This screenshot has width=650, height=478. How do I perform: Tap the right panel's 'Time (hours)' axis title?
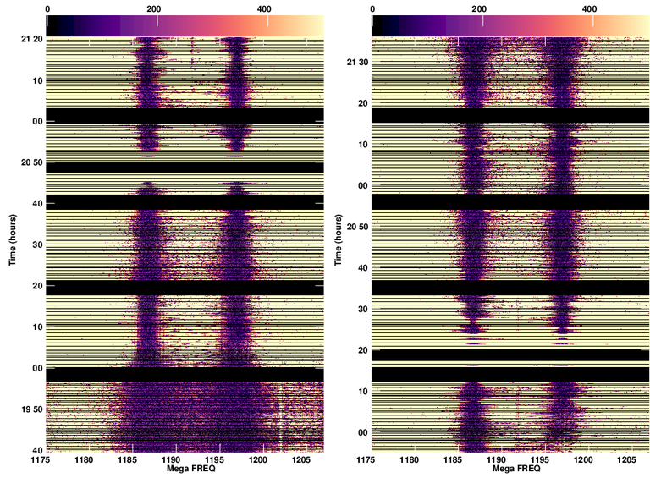click(x=339, y=236)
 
